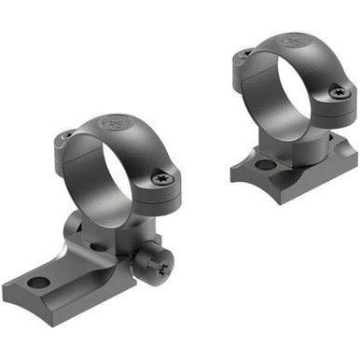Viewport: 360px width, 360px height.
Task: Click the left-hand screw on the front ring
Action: coord(65,136)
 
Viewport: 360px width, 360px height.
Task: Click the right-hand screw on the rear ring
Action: coord(337,92)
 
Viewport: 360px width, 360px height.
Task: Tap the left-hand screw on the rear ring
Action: coord(244,54)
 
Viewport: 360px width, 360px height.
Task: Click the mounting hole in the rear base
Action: coord(264,165)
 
